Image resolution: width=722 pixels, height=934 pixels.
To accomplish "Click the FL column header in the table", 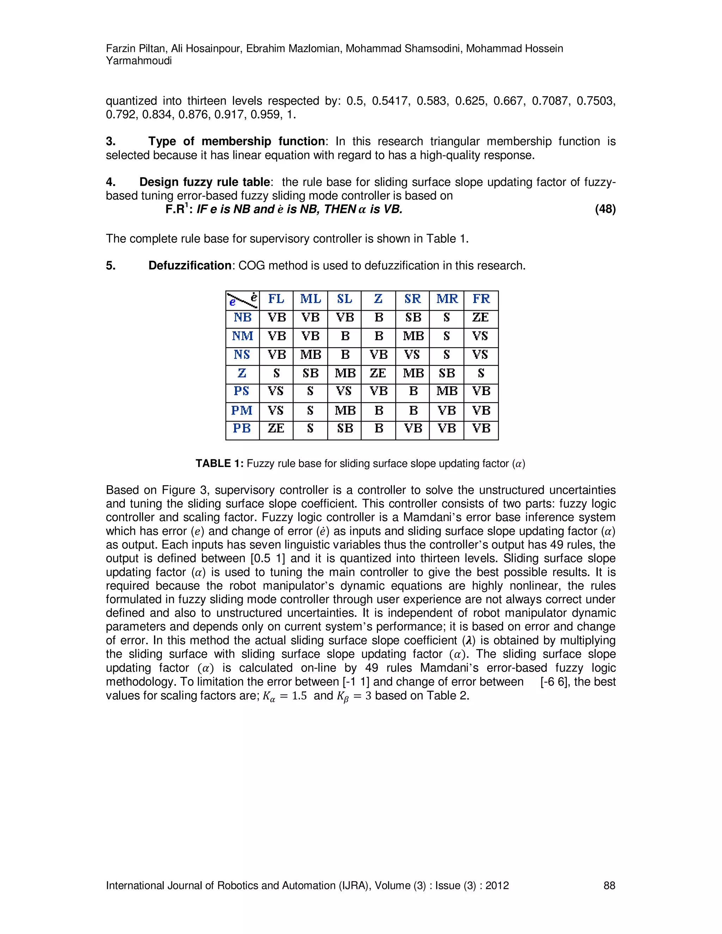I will tap(276, 299).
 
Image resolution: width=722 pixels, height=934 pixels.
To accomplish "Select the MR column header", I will tap(447, 299).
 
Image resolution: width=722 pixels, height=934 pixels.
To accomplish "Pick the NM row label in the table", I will tap(242, 336).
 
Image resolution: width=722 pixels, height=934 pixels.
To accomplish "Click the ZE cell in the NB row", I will tap(481, 317).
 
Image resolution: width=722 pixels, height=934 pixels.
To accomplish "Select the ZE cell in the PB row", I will tap(276, 428).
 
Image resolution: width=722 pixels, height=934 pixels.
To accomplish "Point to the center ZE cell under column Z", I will tap(378, 373).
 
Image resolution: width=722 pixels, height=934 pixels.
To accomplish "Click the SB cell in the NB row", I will tap(413, 317).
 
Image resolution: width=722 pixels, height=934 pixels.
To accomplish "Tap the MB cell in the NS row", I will tap(311, 355).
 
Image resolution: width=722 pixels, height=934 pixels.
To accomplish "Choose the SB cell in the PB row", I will tap(345, 428).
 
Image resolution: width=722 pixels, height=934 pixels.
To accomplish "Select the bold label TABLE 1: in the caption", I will tap(219, 463).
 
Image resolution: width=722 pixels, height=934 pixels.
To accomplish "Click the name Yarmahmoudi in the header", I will tap(139, 61).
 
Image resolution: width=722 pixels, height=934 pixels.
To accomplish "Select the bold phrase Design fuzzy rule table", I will tap(204, 182).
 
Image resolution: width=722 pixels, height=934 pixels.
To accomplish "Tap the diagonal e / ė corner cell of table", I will tap(242, 299).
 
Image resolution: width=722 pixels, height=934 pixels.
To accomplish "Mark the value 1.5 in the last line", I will tap(299, 696).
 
